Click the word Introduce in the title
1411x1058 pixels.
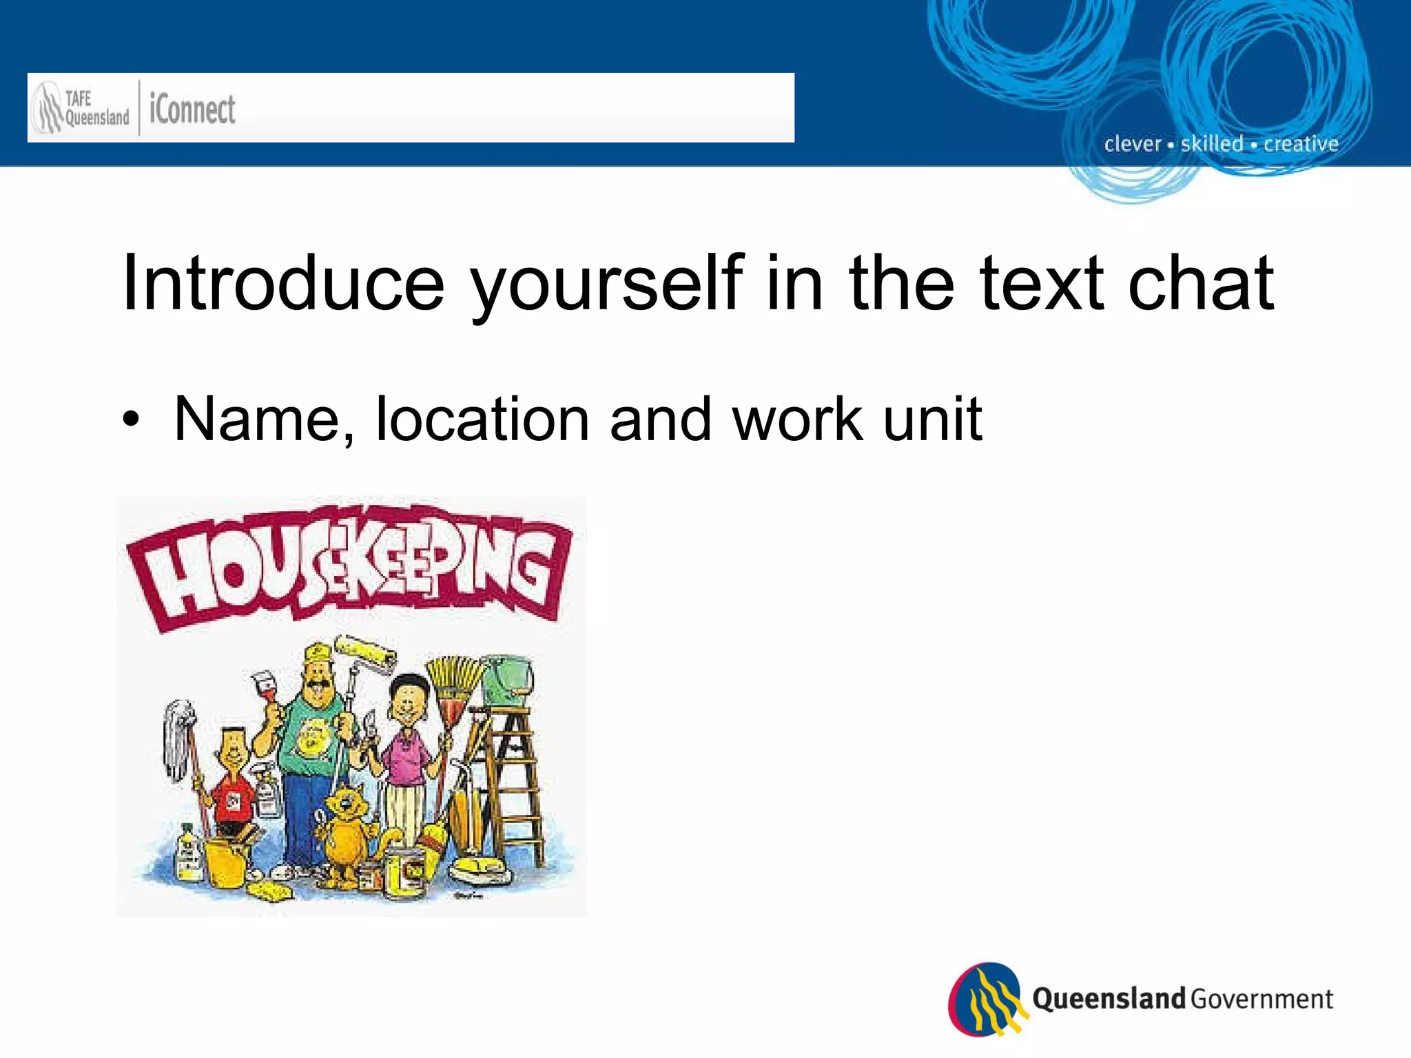click(x=282, y=283)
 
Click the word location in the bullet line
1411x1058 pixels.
click(x=482, y=419)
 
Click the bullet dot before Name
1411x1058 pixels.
click(x=131, y=419)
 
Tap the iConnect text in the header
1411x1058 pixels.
click(x=192, y=110)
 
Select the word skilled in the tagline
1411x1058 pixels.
click(x=1212, y=144)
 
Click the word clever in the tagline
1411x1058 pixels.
click(x=1133, y=144)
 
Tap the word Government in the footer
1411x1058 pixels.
click(x=1261, y=999)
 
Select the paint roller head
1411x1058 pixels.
click(x=365, y=651)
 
